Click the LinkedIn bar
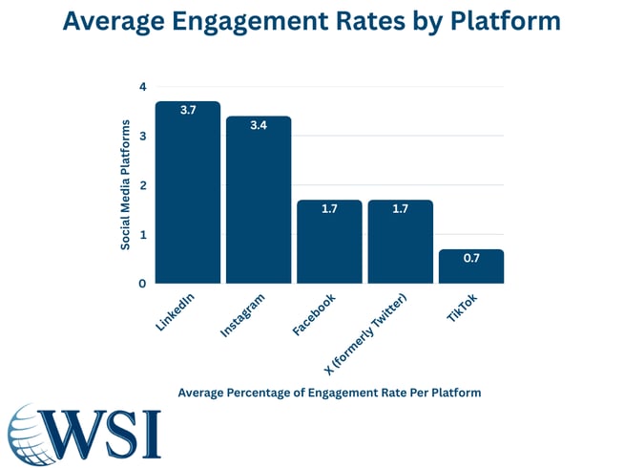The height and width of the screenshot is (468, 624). (187, 192)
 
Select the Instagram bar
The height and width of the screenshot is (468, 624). (259, 200)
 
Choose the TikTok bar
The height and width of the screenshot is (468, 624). (471, 266)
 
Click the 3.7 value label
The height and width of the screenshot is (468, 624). (188, 111)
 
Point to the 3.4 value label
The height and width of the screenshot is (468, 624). (259, 126)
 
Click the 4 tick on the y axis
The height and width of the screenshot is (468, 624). (142, 87)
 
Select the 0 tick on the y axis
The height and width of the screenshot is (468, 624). (142, 284)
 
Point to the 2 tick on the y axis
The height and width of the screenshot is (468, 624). (142, 185)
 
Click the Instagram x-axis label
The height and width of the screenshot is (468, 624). (243, 314)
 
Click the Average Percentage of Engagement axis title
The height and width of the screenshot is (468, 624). (328, 393)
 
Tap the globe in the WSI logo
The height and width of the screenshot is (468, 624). (33, 433)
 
